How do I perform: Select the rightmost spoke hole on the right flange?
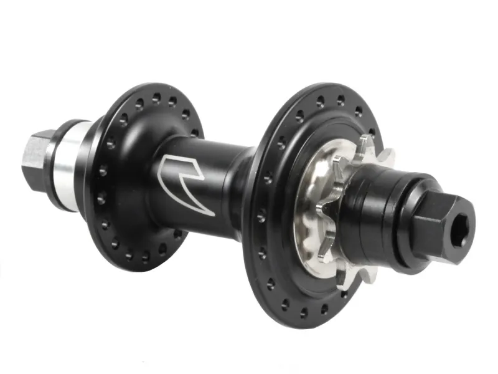coord(372,132)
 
